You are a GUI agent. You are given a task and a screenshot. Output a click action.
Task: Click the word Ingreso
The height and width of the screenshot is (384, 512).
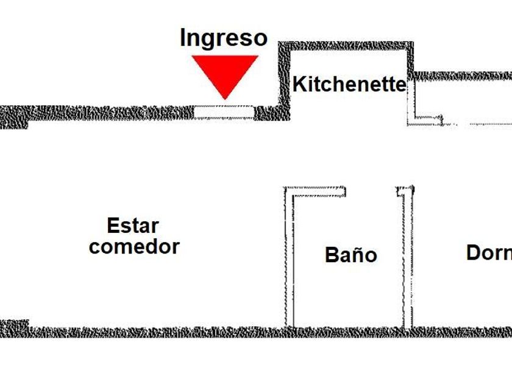tap(224, 38)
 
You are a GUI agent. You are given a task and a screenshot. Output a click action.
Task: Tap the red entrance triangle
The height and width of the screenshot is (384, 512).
tap(225, 72)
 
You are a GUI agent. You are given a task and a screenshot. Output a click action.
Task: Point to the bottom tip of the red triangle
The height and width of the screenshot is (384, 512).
tap(225, 98)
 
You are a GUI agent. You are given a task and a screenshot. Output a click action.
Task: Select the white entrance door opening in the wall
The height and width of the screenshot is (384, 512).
tap(224, 112)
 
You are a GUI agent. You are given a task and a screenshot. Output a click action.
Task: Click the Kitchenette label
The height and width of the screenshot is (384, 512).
tap(349, 84)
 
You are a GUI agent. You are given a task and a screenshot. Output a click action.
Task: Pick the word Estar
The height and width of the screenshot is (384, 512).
tap(133, 226)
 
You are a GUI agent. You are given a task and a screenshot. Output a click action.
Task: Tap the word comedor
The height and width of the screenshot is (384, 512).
tap(134, 247)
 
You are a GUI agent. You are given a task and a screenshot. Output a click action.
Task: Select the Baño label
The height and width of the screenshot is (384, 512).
tap(350, 254)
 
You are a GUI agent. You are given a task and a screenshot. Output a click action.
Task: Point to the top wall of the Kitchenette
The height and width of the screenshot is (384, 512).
tap(346, 46)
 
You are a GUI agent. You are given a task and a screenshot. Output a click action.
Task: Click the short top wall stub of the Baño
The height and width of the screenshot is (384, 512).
tap(317, 191)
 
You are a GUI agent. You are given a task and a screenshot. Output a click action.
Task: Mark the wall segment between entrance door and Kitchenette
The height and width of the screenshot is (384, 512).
tap(268, 112)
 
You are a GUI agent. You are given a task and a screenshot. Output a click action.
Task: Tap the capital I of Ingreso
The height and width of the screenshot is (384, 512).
tap(184, 38)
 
